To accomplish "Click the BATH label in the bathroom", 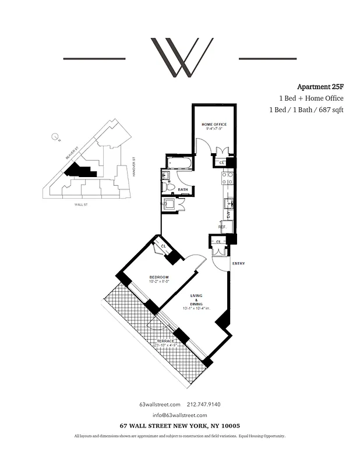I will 182,189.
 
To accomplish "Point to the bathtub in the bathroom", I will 180,162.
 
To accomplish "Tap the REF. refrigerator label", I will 223,227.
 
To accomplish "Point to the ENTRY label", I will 238,264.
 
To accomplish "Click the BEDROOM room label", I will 158,277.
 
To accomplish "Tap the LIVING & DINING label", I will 197,303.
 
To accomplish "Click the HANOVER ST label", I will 133,167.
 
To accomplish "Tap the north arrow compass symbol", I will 55,137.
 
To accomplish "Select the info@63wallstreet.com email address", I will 180,415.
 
